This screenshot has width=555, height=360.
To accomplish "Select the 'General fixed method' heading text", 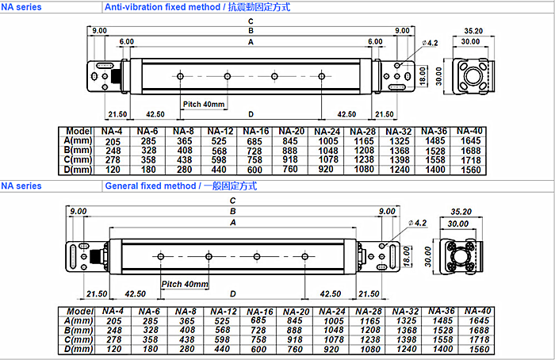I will pos(150,186).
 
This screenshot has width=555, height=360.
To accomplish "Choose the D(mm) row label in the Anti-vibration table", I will pos(78,168).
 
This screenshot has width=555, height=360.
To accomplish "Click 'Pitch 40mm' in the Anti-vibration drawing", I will pos(204,105).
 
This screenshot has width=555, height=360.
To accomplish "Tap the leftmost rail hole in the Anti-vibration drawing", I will pos(181,76).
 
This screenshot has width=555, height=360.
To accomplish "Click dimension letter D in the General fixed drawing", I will pos(233,293).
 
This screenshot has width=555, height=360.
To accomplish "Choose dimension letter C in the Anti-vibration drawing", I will pos(251,21).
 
